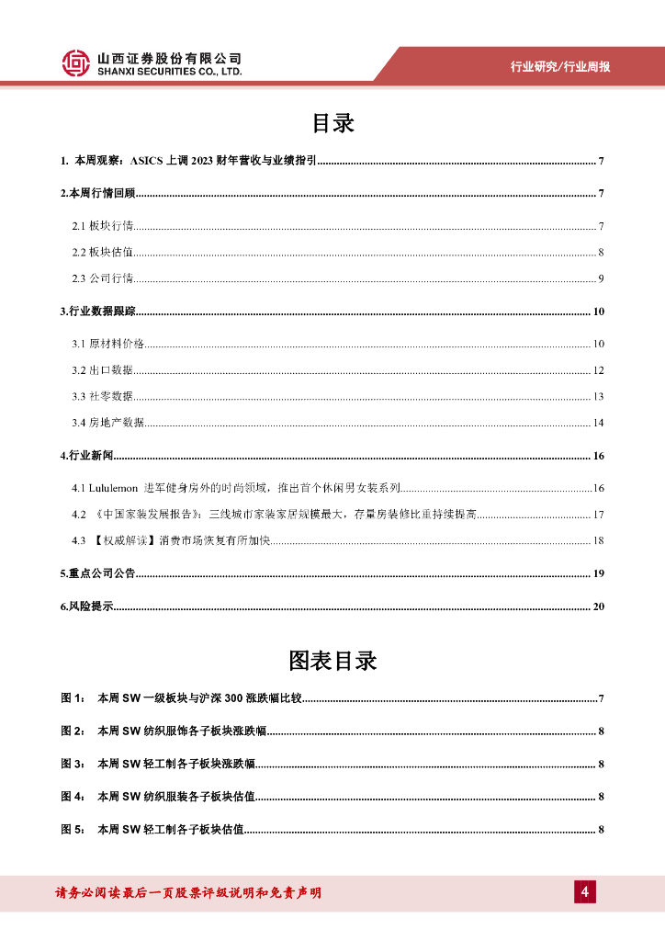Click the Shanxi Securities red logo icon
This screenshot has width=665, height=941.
[76, 63]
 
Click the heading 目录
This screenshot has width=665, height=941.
[332, 123]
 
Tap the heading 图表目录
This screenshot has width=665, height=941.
[332, 661]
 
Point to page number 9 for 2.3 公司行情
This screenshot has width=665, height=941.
[600, 278]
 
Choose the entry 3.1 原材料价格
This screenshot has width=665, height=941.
[108, 344]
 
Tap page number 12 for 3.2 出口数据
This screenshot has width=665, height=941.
[598, 370]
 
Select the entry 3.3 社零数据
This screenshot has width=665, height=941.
[103, 397]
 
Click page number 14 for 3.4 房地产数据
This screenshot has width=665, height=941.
[598, 423]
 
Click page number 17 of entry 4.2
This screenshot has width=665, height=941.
[598, 514]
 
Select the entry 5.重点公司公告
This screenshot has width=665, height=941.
[96, 573]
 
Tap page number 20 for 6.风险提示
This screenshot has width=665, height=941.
[599, 607]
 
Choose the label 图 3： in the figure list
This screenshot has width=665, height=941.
[73, 764]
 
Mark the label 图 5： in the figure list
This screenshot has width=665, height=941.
[73, 829]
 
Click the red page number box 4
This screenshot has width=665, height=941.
[585, 892]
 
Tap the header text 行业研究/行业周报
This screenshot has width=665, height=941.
[560, 67]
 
